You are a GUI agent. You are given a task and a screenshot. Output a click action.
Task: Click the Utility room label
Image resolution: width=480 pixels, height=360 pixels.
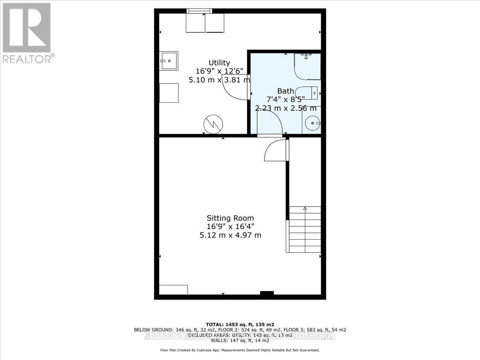click(219, 63)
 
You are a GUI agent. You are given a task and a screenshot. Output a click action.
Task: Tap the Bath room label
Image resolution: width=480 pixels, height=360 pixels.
click(286, 91)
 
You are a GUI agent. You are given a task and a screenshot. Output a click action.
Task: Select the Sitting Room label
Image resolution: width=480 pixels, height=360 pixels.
click(230, 218)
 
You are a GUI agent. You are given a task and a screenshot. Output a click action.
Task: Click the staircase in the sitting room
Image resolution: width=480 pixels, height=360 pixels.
click(304, 230)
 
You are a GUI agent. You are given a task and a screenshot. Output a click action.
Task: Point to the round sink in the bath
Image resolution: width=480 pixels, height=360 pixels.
click(312, 123)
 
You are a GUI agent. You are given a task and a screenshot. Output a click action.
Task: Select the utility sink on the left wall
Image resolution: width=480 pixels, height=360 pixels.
click(168, 61)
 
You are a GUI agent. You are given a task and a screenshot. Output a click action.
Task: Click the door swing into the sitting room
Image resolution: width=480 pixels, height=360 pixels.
click(275, 150)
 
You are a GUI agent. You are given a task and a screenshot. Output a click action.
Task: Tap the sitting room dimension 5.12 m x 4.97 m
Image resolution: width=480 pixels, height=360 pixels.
click(230, 235)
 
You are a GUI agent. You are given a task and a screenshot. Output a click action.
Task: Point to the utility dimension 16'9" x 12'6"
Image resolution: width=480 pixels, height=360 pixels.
click(219, 71)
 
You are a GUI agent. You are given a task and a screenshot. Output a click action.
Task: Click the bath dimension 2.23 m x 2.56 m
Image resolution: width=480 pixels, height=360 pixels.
click(286, 108)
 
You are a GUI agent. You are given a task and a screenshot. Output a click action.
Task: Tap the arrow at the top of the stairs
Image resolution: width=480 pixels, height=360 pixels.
click(305, 208)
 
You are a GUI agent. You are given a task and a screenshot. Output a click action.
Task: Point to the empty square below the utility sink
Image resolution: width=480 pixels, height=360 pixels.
click(168, 93)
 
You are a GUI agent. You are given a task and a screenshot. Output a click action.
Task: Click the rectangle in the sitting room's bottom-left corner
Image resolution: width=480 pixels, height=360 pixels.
click(173, 290)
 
